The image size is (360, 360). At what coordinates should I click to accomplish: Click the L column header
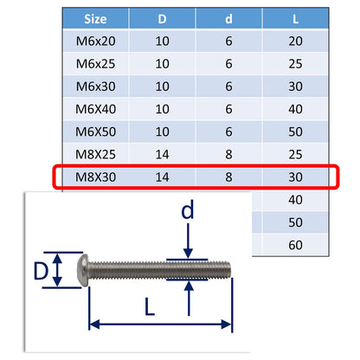tap(296, 19)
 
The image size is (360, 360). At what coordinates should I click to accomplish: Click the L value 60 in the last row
tap(296, 245)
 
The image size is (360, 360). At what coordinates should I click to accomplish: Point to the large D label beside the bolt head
tap(40, 272)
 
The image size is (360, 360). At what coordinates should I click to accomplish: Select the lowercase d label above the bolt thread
tap(188, 211)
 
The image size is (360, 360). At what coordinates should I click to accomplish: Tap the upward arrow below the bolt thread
tap(188, 296)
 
